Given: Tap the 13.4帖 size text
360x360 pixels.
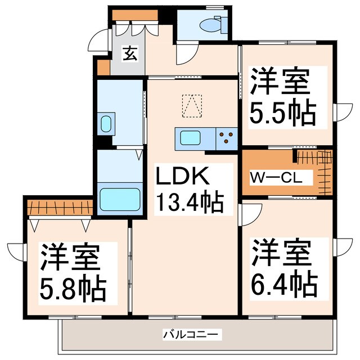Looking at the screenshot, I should (190, 201).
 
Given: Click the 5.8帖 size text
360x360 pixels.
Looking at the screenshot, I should (72, 289).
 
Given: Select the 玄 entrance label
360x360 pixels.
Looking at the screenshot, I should (129, 54).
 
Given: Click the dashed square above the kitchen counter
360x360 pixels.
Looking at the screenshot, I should (191, 105).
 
